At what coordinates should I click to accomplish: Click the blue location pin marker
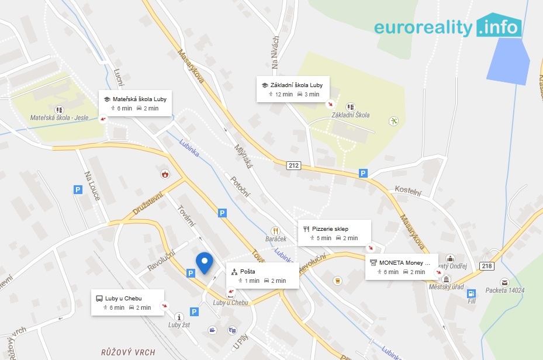(x=204, y=262)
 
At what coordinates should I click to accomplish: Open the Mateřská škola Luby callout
(x=134, y=103)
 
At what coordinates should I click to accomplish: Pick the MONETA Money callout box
(x=402, y=266)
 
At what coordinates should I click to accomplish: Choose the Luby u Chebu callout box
(x=127, y=302)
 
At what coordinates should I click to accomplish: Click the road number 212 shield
(x=293, y=166)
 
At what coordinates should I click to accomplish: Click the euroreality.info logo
(x=448, y=27)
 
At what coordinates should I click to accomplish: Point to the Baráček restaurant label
(x=275, y=240)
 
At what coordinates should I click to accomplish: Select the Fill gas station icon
(x=471, y=294)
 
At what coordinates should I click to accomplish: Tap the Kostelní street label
(x=408, y=191)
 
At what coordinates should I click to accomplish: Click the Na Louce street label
(x=92, y=186)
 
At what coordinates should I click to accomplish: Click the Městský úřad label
(x=446, y=287)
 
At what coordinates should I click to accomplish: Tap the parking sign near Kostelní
(x=363, y=173)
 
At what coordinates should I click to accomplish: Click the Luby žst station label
(x=179, y=325)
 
